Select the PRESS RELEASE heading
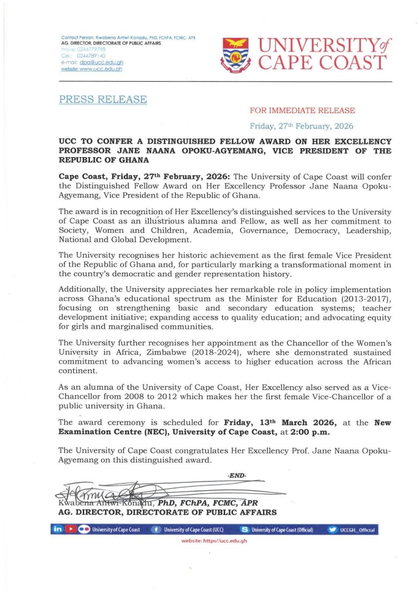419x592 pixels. [103, 99]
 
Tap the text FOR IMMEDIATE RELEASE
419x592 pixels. [302, 111]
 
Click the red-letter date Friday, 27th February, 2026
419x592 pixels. [301, 126]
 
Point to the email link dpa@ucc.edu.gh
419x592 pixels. [101, 62]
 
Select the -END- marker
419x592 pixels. [237, 476]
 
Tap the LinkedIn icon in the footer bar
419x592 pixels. [57, 529]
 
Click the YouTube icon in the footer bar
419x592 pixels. [70, 529]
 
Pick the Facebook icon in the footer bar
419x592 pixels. [156, 530]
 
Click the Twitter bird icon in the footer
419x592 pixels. [332, 530]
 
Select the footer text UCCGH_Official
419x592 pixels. [357, 530]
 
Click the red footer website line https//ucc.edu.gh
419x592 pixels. [214, 541]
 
